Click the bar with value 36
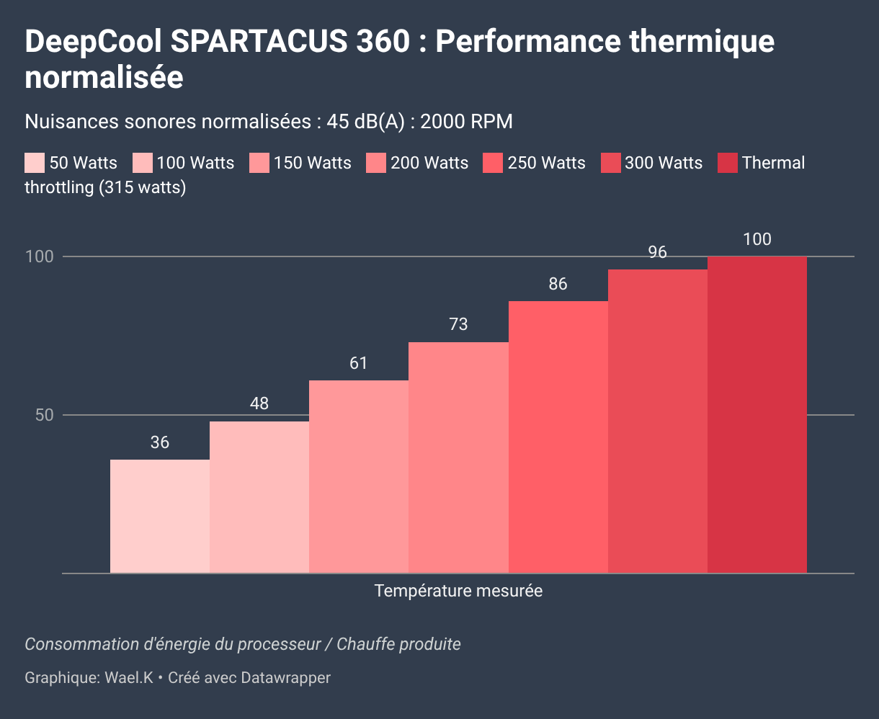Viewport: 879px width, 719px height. (160, 516)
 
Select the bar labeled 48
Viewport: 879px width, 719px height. (259, 497)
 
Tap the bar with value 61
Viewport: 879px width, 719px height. (359, 476)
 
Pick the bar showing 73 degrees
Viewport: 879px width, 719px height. (458, 457)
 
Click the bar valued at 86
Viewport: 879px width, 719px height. (558, 437)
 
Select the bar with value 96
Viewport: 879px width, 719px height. (658, 421)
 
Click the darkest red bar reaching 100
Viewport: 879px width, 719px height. (757, 414)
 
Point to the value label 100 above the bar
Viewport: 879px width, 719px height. (757, 240)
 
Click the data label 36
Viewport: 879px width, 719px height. (160, 442)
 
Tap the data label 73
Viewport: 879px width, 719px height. (458, 325)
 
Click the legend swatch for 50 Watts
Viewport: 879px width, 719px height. (35, 163)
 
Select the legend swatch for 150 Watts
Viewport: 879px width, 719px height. (259, 163)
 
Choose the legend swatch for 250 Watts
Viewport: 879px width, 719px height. (494, 163)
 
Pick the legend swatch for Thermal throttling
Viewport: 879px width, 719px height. (728, 163)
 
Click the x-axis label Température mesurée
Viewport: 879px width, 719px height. (458, 591)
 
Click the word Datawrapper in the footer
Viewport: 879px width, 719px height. (286, 678)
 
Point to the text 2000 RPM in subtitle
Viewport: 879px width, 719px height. (466, 122)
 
